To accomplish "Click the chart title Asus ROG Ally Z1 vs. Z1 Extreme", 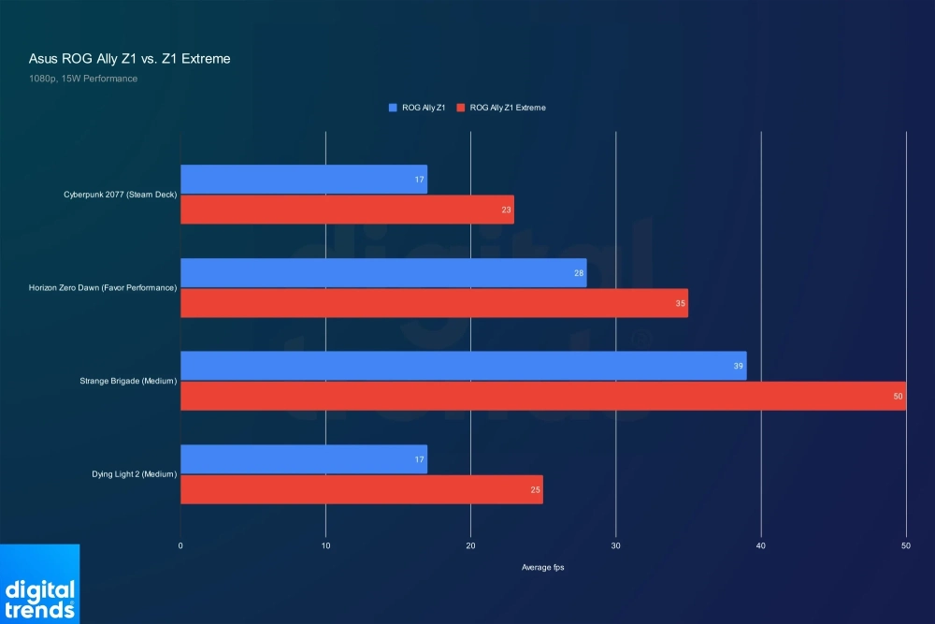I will click(x=129, y=59).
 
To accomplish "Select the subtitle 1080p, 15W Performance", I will click(x=83, y=79).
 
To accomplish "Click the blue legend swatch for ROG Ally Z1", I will click(x=394, y=108).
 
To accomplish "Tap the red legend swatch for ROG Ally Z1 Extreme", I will click(x=461, y=108).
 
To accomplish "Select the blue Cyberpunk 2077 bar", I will click(x=303, y=180).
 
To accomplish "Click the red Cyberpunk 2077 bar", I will click(x=346, y=210).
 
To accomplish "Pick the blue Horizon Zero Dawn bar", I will click(x=383, y=273).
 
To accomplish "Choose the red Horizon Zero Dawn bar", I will click(x=434, y=303).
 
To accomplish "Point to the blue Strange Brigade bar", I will click(x=463, y=366).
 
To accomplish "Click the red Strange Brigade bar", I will click(x=542, y=396).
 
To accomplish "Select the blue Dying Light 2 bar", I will click(x=303, y=459).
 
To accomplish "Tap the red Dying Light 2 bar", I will click(x=361, y=489).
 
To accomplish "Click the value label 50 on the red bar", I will click(x=899, y=397).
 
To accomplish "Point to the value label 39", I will click(x=739, y=367).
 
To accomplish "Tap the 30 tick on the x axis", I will click(x=615, y=545).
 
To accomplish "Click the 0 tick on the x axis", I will click(x=180, y=545).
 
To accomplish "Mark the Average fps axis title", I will click(x=542, y=568).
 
